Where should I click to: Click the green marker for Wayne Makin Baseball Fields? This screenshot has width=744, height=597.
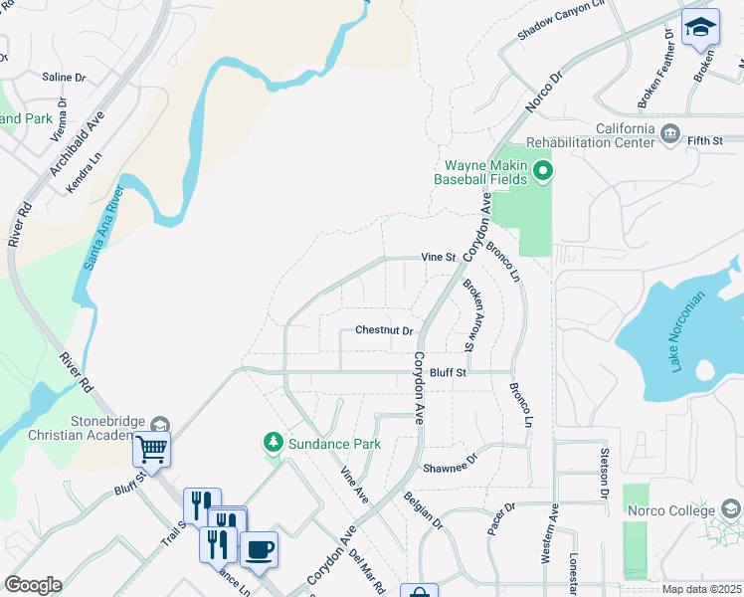point(542,172)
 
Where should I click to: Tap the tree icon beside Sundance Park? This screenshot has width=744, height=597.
point(272,441)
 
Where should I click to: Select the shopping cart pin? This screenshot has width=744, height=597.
point(152,449)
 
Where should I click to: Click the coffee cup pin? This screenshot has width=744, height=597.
point(260,549)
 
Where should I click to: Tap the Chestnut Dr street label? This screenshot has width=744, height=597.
point(384,331)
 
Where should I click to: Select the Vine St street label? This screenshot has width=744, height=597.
point(438,257)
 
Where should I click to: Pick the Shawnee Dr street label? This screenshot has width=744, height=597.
point(451,464)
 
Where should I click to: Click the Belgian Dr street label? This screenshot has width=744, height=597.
point(423,507)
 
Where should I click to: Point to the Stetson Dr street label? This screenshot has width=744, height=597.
point(604,474)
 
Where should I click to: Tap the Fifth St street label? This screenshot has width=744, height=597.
point(704,141)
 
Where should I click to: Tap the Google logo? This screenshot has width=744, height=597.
point(33,585)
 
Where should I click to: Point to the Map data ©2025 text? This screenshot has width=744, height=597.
point(701,589)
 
